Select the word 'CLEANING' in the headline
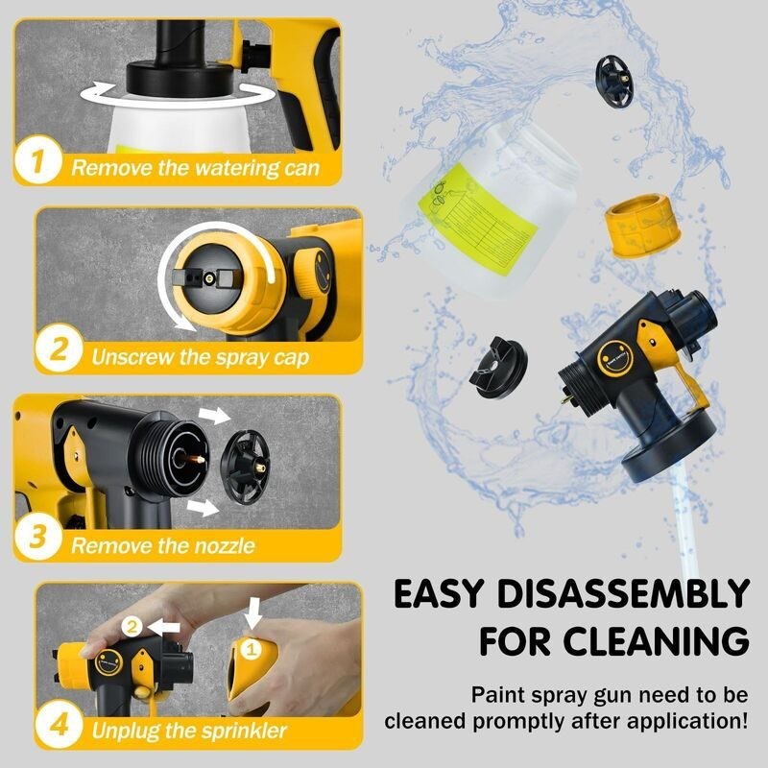(660, 640)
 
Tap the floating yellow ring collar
(636, 226)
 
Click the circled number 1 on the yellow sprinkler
(252, 651)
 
